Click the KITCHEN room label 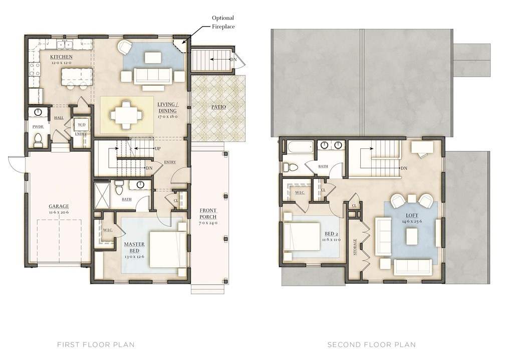(61, 57)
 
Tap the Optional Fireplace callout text (223, 22)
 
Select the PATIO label (218, 107)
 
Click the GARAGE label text (59, 207)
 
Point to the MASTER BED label (134, 247)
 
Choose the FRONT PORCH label (208, 214)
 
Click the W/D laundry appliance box (81, 125)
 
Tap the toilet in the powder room (38, 139)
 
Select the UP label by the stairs (157, 149)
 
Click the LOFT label (412, 216)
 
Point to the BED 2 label (331, 234)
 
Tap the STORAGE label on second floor (355, 247)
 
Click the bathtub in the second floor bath (301, 147)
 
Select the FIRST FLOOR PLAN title (96, 344)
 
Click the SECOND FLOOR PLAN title (371, 344)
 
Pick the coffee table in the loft (412, 236)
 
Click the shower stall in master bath (102, 196)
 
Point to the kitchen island (77, 75)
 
